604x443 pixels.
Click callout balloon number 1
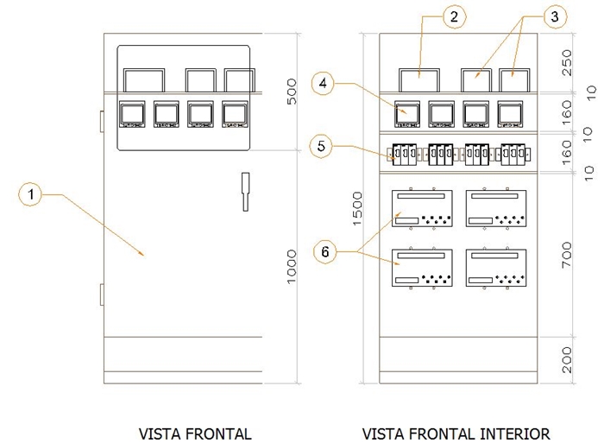31,195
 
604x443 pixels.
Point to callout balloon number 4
323,84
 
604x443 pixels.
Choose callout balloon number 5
321,147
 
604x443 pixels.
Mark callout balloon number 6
324,252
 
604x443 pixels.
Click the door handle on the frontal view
244,191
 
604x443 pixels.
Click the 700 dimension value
567,255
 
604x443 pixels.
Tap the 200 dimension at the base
567,358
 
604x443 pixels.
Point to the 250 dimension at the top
567,62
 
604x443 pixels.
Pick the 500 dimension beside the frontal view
292,93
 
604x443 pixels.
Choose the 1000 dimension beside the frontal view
292,265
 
